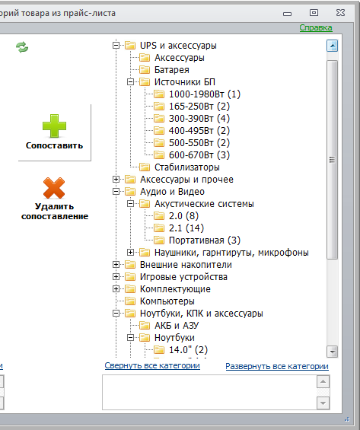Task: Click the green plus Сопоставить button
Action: tap(54, 132)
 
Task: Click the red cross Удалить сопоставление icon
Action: tap(54, 188)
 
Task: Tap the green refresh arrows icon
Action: tap(22, 47)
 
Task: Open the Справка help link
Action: tap(316, 27)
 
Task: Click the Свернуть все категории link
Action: tap(152, 365)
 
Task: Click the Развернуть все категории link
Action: tap(277, 366)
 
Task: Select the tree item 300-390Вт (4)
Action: tap(199, 119)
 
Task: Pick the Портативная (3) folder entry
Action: tap(205, 240)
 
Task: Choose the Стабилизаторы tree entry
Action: tap(187, 167)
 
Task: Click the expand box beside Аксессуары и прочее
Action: tap(116, 180)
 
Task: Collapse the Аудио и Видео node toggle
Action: tap(116, 192)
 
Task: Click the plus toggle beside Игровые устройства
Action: tap(116, 277)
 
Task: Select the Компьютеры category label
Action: tap(167, 301)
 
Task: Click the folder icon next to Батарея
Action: tap(145, 70)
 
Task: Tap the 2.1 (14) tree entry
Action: tap(186, 228)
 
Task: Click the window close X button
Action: tap(340, 13)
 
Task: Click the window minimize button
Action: tap(287, 14)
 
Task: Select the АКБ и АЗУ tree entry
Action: tap(177, 326)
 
